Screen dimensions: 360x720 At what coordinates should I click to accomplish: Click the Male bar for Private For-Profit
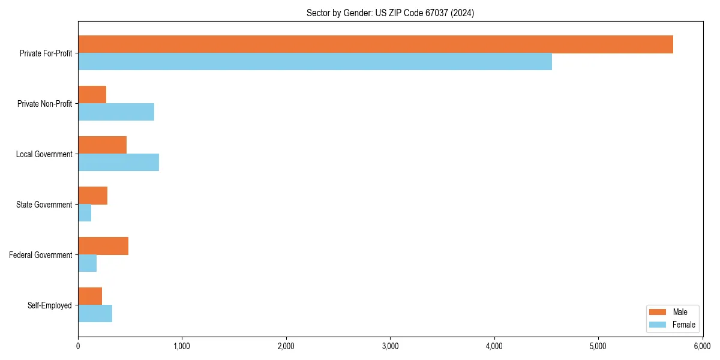point(375,44)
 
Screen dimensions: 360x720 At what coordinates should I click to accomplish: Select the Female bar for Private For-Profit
point(315,62)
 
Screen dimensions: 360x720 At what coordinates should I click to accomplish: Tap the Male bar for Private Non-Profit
point(92,95)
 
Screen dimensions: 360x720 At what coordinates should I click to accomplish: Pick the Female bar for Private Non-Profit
point(116,112)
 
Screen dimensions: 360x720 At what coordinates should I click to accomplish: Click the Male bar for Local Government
point(102,145)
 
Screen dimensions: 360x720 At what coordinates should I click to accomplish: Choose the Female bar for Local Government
point(118,163)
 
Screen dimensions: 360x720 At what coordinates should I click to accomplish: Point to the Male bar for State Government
point(92,196)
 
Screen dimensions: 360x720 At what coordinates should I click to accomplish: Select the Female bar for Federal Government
point(87,263)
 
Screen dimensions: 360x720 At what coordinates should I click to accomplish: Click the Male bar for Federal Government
point(103,246)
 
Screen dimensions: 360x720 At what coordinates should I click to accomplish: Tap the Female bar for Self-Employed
point(95,314)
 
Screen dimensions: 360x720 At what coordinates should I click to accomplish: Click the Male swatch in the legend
point(658,312)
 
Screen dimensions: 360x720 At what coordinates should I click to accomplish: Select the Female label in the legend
point(684,325)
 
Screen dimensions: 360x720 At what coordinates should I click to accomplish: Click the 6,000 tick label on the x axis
point(702,346)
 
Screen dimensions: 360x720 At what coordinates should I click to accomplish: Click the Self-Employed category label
point(50,305)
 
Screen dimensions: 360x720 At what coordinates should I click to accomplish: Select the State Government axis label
point(44,205)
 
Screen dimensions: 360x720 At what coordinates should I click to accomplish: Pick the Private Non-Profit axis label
point(45,104)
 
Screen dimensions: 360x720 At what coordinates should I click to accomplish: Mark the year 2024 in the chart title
point(463,13)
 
